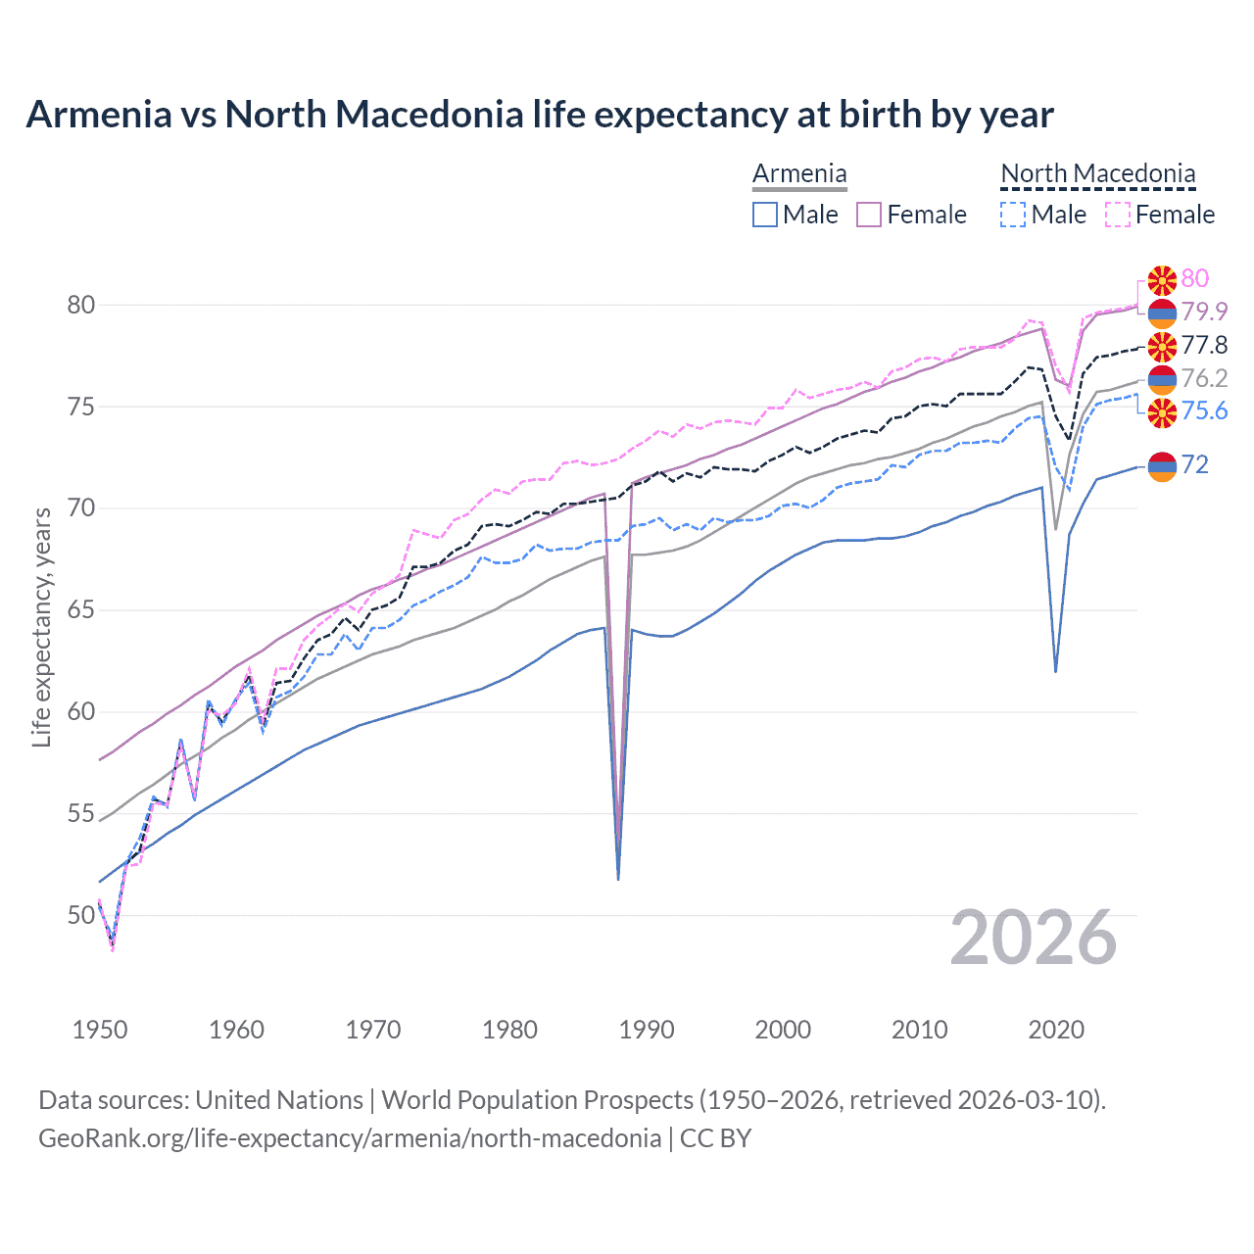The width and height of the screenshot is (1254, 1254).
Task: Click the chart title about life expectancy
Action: pyautogui.click(x=539, y=115)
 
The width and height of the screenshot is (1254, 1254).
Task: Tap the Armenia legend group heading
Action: pyautogui.click(x=799, y=174)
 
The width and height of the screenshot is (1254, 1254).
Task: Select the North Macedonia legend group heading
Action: pyautogui.click(x=1097, y=174)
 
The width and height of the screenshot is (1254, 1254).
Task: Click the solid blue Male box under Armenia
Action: pyautogui.click(x=765, y=215)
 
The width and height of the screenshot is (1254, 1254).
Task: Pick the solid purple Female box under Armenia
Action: pyautogui.click(x=869, y=215)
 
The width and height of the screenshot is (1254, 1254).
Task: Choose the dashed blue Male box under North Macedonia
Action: pyautogui.click(x=1013, y=215)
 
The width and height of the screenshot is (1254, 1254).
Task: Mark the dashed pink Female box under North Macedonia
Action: pyautogui.click(x=1117, y=215)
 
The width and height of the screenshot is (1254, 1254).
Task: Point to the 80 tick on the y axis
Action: pyautogui.click(x=80, y=305)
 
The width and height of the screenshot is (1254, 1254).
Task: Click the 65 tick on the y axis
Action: pyautogui.click(x=80, y=610)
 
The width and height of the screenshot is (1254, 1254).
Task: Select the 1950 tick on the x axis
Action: pyautogui.click(x=100, y=1030)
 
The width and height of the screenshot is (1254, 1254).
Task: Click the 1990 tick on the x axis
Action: pyautogui.click(x=647, y=1030)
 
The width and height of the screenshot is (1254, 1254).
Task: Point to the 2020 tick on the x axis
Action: pyautogui.click(x=1056, y=1030)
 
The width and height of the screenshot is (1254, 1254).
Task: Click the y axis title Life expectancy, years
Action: pyautogui.click(x=41, y=627)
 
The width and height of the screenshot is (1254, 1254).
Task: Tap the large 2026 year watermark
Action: pyautogui.click(x=1033, y=938)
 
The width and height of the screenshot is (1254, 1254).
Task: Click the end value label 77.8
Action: pyautogui.click(x=1204, y=345)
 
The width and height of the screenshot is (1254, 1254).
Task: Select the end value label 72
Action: pyautogui.click(x=1194, y=464)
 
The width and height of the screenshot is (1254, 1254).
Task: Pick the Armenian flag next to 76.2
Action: pyautogui.click(x=1162, y=378)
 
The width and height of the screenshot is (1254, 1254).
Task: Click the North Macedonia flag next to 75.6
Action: pyautogui.click(x=1162, y=411)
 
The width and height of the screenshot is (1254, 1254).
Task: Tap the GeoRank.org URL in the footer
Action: pyautogui.click(x=349, y=1138)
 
